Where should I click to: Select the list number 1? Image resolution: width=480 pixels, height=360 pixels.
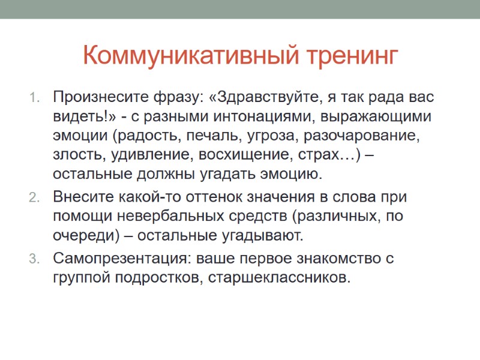pyautogui.click(x=34, y=97)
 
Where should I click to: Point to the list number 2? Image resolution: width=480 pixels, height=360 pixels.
pyautogui.click(x=34, y=197)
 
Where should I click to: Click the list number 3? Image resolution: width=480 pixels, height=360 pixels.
pyautogui.click(x=34, y=259)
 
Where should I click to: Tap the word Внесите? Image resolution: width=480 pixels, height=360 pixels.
pyautogui.click(x=80, y=196)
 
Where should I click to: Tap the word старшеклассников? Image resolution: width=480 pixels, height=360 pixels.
pyautogui.click(x=278, y=278)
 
